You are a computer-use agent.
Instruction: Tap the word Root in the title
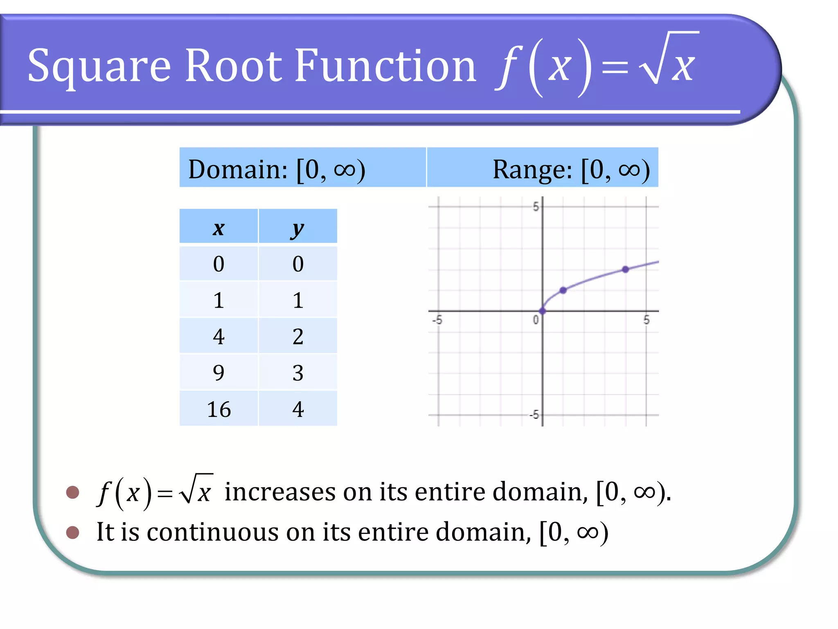click(234, 66)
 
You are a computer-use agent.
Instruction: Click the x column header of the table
click(219, 228)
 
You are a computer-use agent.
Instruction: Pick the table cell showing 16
click(219, 409)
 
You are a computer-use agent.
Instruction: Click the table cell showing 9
click(219, 373)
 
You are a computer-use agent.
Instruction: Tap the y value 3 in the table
click(298, 373)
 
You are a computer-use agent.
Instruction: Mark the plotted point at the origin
click(543, 311)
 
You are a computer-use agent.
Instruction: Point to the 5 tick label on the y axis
click(536, 207)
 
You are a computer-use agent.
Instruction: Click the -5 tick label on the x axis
click(437, 320)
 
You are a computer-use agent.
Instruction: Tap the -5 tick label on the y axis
click(534, 415)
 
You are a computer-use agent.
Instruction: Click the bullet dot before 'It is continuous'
click(72, 532)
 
